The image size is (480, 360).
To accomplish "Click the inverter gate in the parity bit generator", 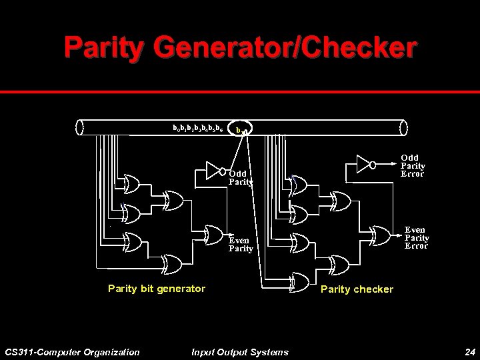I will tap(213, 167).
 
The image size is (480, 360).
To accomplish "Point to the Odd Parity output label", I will tap(241, 177).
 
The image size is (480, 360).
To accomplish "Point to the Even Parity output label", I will tap(241, 245).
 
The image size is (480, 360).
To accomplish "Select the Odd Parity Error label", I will tap(413, 166).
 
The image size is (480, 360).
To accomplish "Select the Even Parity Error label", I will tap(417, 238).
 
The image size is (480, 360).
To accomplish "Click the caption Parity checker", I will tap(357, 289).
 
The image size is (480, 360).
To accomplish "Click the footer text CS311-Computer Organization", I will tap(72, 351).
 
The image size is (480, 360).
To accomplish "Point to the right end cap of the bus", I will tap(401, 127).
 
